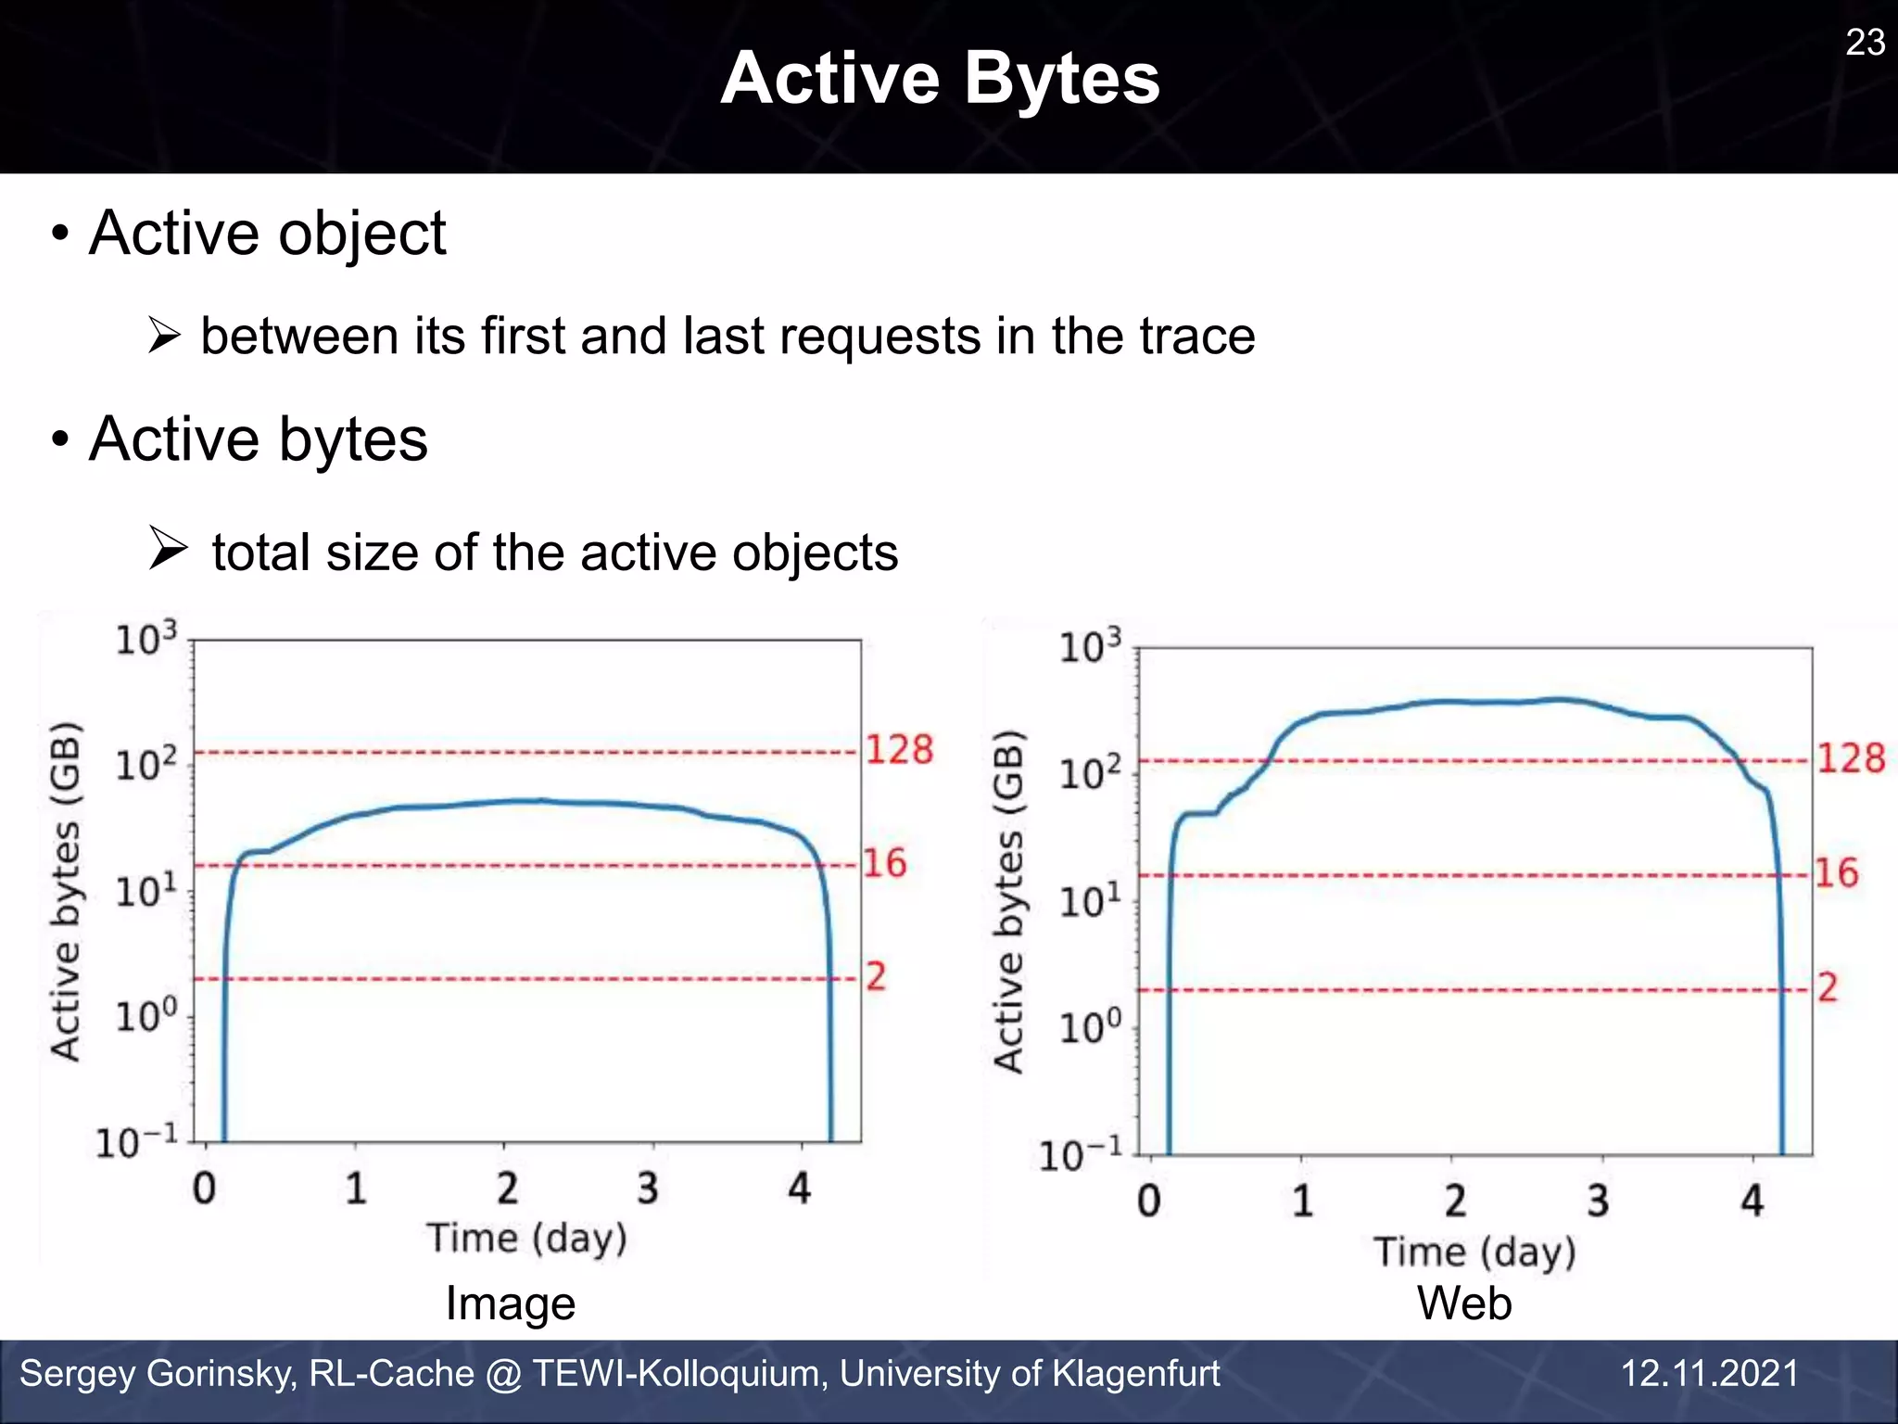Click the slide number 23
click(1865, 43)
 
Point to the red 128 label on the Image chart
click(899, 749)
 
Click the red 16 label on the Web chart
click(1836, 872)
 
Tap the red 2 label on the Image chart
click(876, 976)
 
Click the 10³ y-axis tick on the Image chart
click(146, 640)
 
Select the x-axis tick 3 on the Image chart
click(648, 1188)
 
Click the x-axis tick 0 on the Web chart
click(1148, 1201)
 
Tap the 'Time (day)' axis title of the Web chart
click(1474, 1252)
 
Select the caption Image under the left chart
click(511, 1303)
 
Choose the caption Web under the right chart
click(1464, 1303)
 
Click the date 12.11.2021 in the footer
click(1709, 1373)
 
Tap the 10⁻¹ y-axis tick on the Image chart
click(136, 1142)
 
